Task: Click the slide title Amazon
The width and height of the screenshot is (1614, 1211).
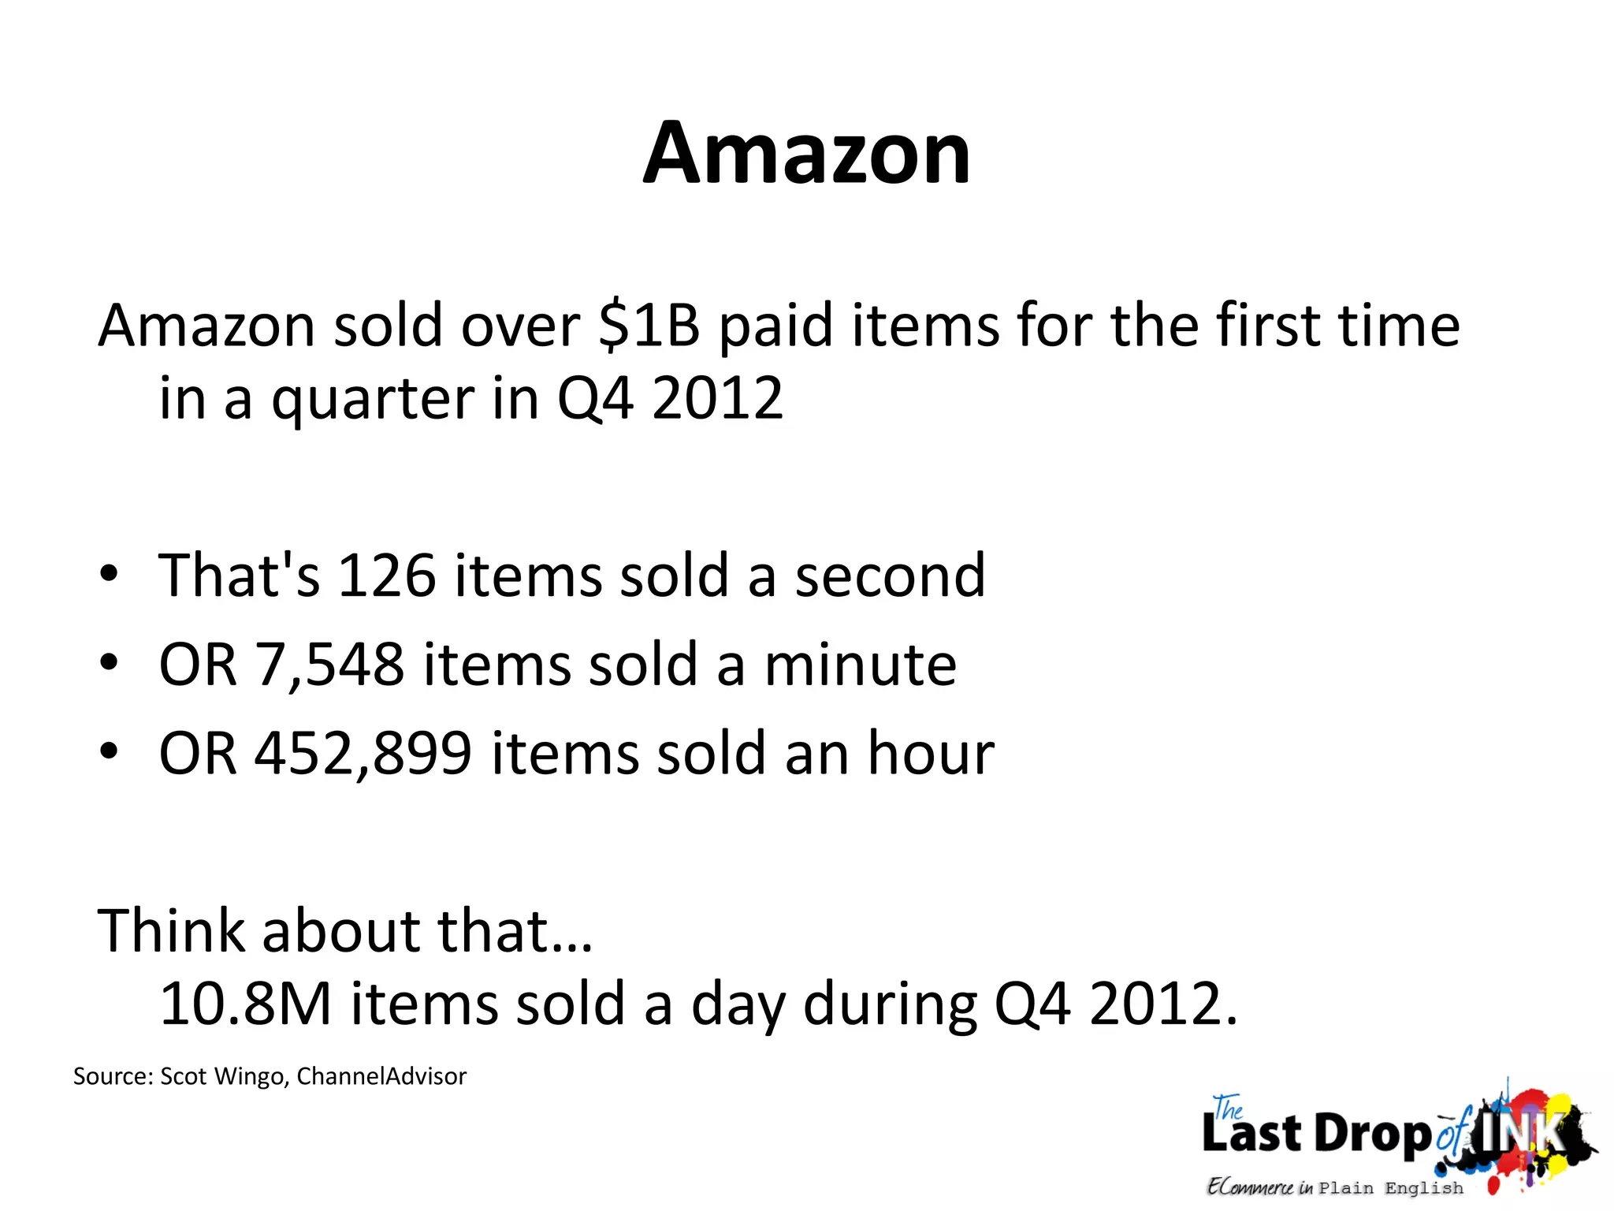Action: click(806, 153)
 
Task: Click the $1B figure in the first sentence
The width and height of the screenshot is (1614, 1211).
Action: click(649, 325)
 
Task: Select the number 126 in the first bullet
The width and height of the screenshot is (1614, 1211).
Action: click(386, 576)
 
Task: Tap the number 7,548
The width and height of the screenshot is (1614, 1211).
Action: click(329, 665)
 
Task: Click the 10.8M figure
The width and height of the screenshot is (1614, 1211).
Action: click(245, 1003)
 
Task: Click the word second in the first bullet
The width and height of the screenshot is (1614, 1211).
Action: click(890, 576)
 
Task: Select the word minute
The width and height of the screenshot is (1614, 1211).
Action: click(861, 665)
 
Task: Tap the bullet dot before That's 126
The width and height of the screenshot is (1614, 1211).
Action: click(109, 574)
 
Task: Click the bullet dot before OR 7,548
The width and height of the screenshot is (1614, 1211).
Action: click(109, 663)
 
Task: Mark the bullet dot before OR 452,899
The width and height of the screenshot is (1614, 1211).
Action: click(109, 752)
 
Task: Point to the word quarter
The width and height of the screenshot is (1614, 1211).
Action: click(373, 399)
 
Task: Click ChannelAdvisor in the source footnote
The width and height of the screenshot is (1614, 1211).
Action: click(381, 1076)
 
